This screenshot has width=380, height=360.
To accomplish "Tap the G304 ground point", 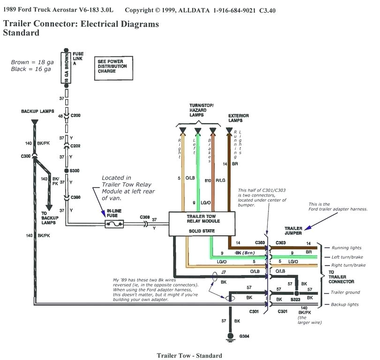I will click(x=230, y=336).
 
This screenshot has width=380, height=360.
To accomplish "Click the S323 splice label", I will click(x=295, y=299).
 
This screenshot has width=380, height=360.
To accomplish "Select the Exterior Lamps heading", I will click(x=238, y=118).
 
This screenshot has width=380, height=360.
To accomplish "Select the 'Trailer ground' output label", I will click(x=345, y=292).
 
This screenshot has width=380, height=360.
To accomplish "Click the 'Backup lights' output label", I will click(x=345, y=305).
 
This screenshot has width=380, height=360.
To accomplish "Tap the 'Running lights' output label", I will click(x=347, y=247).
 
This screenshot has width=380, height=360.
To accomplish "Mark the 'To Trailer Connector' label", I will click(x=341, y=277).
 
